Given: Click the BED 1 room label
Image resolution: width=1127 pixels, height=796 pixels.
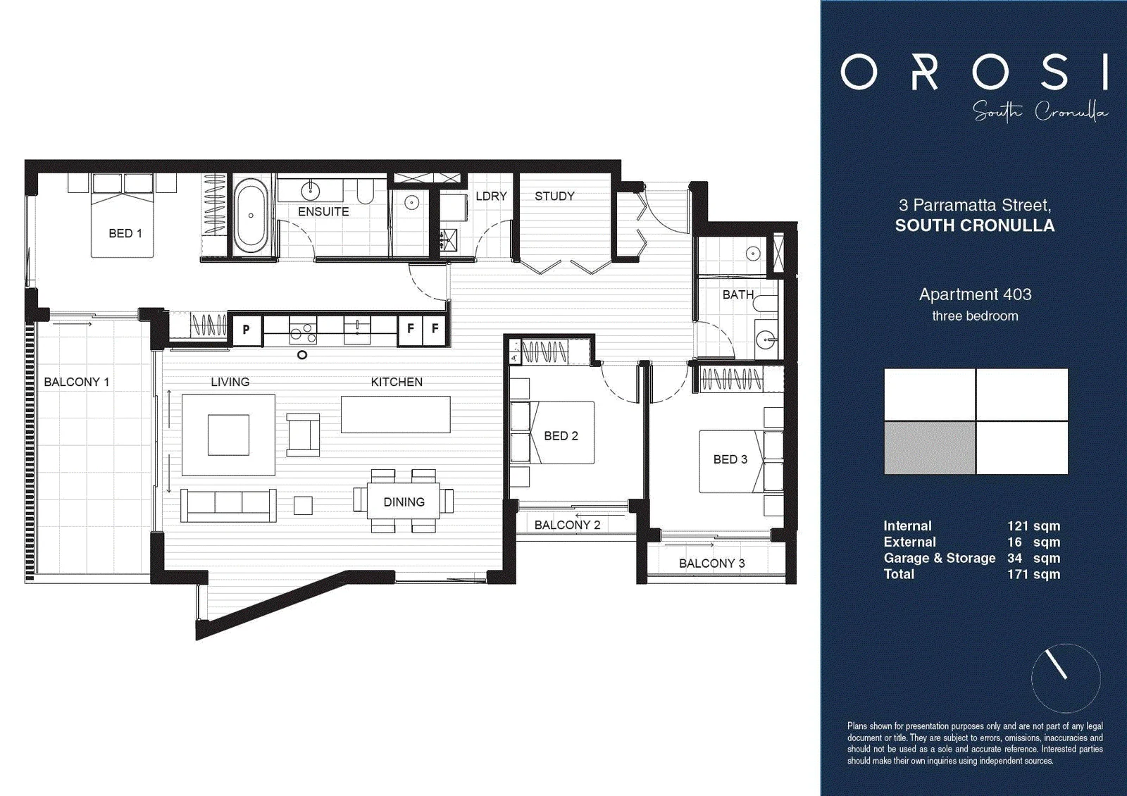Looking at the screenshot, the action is (125, 233).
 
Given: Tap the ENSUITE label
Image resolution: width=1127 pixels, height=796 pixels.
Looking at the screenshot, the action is (323, 212).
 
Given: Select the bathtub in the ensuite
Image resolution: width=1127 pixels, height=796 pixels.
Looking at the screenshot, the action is (251, 216).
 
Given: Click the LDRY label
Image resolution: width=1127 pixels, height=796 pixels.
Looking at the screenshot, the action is (491, 197).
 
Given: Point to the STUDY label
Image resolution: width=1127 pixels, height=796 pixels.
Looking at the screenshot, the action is (554, 197).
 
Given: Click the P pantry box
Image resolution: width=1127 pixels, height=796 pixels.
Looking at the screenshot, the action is (246, 330).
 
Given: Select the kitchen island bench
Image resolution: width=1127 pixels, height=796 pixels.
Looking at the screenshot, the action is (395, 415).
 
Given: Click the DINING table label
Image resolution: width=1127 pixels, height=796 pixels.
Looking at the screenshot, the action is (404, 502).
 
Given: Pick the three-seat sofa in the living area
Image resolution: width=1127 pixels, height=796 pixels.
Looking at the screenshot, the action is (228, 505).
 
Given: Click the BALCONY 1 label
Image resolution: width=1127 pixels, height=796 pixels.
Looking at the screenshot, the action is (77, 382).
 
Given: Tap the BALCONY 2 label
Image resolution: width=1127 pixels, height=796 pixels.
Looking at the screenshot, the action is (568, 526).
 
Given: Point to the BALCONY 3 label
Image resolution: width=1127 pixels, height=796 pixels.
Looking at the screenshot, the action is (712, 564).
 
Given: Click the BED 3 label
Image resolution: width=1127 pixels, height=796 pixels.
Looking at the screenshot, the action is (730, 459).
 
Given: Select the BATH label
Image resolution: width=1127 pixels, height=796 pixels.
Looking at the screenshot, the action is (738, 294).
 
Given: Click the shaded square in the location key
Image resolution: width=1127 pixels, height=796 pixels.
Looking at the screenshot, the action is (930, 448).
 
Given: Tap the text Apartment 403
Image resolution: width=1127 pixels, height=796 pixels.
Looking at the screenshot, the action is (975, 294).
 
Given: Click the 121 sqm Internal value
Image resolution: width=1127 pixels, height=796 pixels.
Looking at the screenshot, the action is (1033, 526).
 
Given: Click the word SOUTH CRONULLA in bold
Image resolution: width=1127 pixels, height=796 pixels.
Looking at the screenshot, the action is (975, 225).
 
